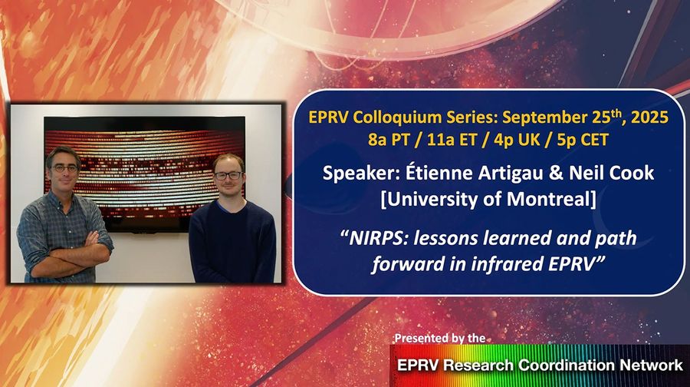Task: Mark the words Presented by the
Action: tap(439, 338)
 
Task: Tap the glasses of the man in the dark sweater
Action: tap(228, 175)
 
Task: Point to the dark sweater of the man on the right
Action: tap(231, 238)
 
